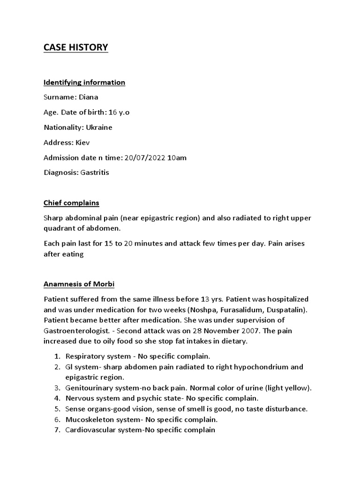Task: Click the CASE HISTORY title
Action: (75, 47)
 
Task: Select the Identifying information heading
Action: (84, 82)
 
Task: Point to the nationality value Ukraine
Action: (99, 127)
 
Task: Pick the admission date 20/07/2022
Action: (145, 157)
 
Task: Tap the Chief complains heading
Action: (71, 203)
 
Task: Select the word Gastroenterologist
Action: (73, 331)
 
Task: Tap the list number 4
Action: (56, 398)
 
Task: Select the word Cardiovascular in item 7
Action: (89, 430)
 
